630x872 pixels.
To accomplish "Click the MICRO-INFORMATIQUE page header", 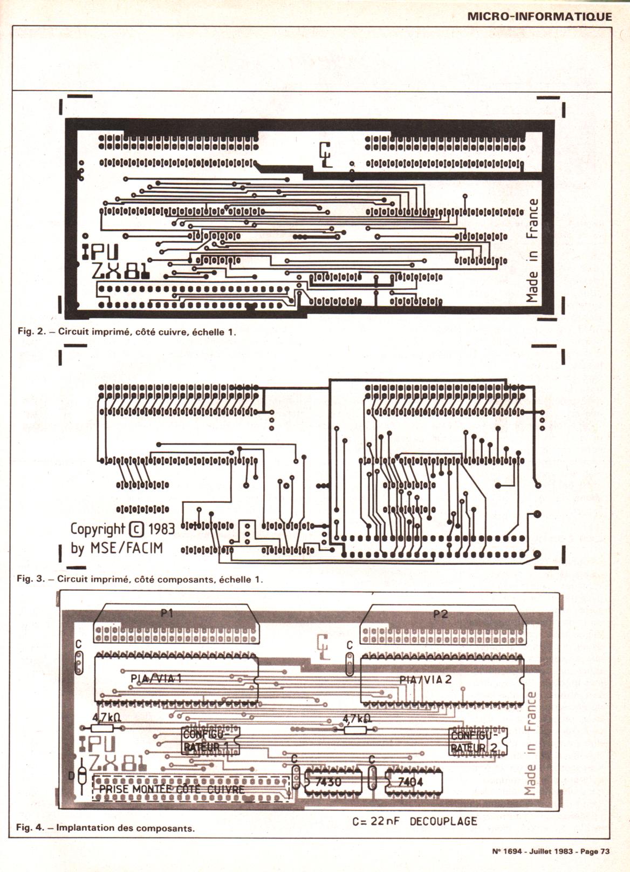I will (x=539, y=16).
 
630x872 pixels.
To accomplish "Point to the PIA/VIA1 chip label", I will (x=156, y=678).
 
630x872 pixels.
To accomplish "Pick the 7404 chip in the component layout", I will (x=410, y=782).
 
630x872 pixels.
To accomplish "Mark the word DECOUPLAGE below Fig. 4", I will (x=443, y=822).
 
